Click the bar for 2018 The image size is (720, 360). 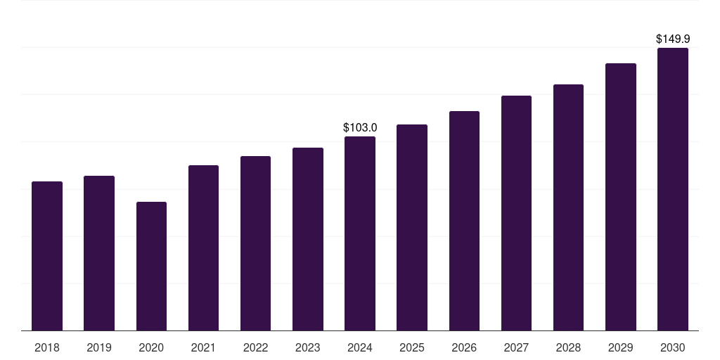(47, 256)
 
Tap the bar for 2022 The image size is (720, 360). (255, 243)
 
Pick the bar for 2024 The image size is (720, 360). (360, 233)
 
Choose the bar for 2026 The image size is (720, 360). (464, 221)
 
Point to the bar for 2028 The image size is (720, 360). (568, 207)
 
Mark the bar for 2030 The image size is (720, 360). (673, 189)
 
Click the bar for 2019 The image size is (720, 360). (99, 253)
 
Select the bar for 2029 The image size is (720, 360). (621, 197)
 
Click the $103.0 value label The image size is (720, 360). (360, 127)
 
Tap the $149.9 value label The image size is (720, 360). (673, 39)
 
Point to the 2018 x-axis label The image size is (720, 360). (47, 347)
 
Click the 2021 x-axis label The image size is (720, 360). (203, 347)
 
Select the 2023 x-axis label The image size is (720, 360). (308, 347)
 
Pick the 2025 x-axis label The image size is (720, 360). (412, 347)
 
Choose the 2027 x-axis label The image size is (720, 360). (516, 347)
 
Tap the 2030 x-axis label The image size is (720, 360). (673, 347)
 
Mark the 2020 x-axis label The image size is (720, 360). (151, 347)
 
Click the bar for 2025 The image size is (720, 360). (412, 227)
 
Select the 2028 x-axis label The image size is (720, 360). (568, 347)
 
